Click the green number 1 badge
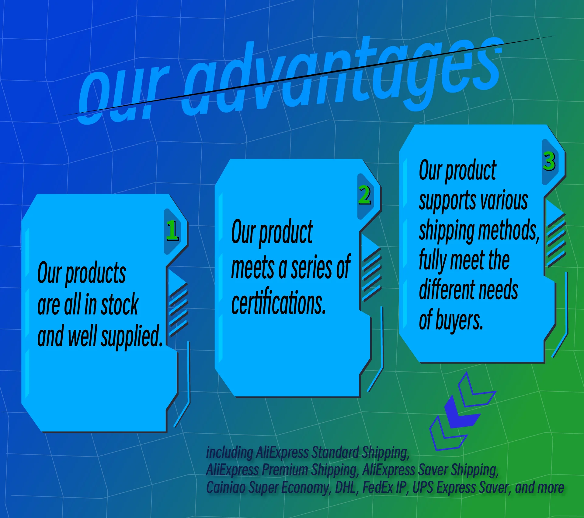172,231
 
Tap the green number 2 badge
365,195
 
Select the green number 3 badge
549,161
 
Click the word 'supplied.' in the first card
131,336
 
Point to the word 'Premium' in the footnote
285,470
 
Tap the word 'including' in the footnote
230,453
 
